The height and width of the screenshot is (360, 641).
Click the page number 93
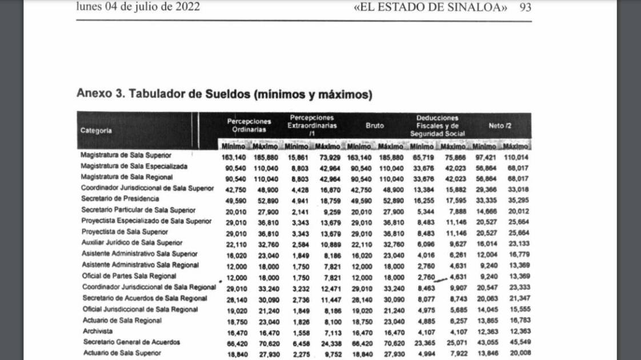[x=525, y=7]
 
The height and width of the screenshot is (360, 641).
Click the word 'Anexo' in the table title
[x=94, y=94]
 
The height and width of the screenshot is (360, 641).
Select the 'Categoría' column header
[x=97, y=130]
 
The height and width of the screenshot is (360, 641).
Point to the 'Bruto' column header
[x=375, y=125]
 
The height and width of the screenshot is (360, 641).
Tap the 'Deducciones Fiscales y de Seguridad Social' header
[x=437, y=125]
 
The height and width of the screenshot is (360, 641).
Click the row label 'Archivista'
[x=97, y=331]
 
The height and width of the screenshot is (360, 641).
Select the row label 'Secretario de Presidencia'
[x=120, y=199]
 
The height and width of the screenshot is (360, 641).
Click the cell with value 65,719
[x=422, y=156]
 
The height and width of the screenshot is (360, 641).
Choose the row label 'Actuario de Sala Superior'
[x=121, y=353]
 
